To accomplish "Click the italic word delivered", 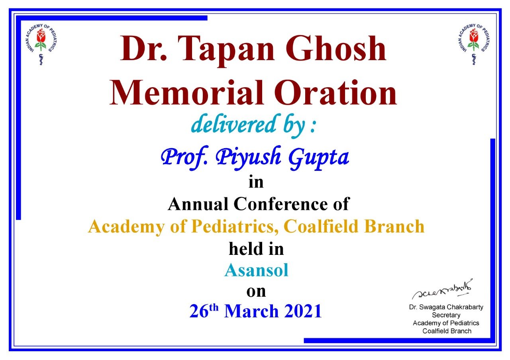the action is pyautogui.click(x=233, y=124).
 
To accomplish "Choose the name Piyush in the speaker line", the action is pyautogui.click(x=248, y=158).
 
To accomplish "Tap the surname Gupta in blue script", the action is pyautogui.click(x=318, y=158).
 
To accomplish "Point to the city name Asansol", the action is pyautogui.click(x=256, y=270).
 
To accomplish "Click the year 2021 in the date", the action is pyautogui.click(x=303, y=311).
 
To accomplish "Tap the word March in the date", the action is pyautogui.click(x=251, y=311).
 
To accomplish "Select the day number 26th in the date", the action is pyautogui.click(x=204, y=311).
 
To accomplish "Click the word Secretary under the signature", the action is pyautogui.click(x=446, y=315).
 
